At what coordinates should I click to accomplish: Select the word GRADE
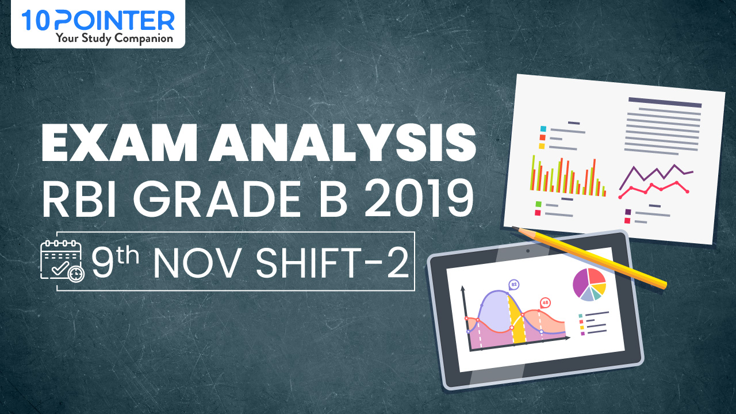(x=212, y=199)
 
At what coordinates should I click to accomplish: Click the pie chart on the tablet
(x=589, y=284)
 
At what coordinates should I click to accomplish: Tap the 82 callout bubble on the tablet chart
(x=513, y=284)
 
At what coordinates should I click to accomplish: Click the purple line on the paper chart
(x=655, y=172)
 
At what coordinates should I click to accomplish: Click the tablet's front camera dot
(x=527, y=251)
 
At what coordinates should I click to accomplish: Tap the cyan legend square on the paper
(x=542, y=129)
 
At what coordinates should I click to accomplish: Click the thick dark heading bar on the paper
(x=665, y=103)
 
